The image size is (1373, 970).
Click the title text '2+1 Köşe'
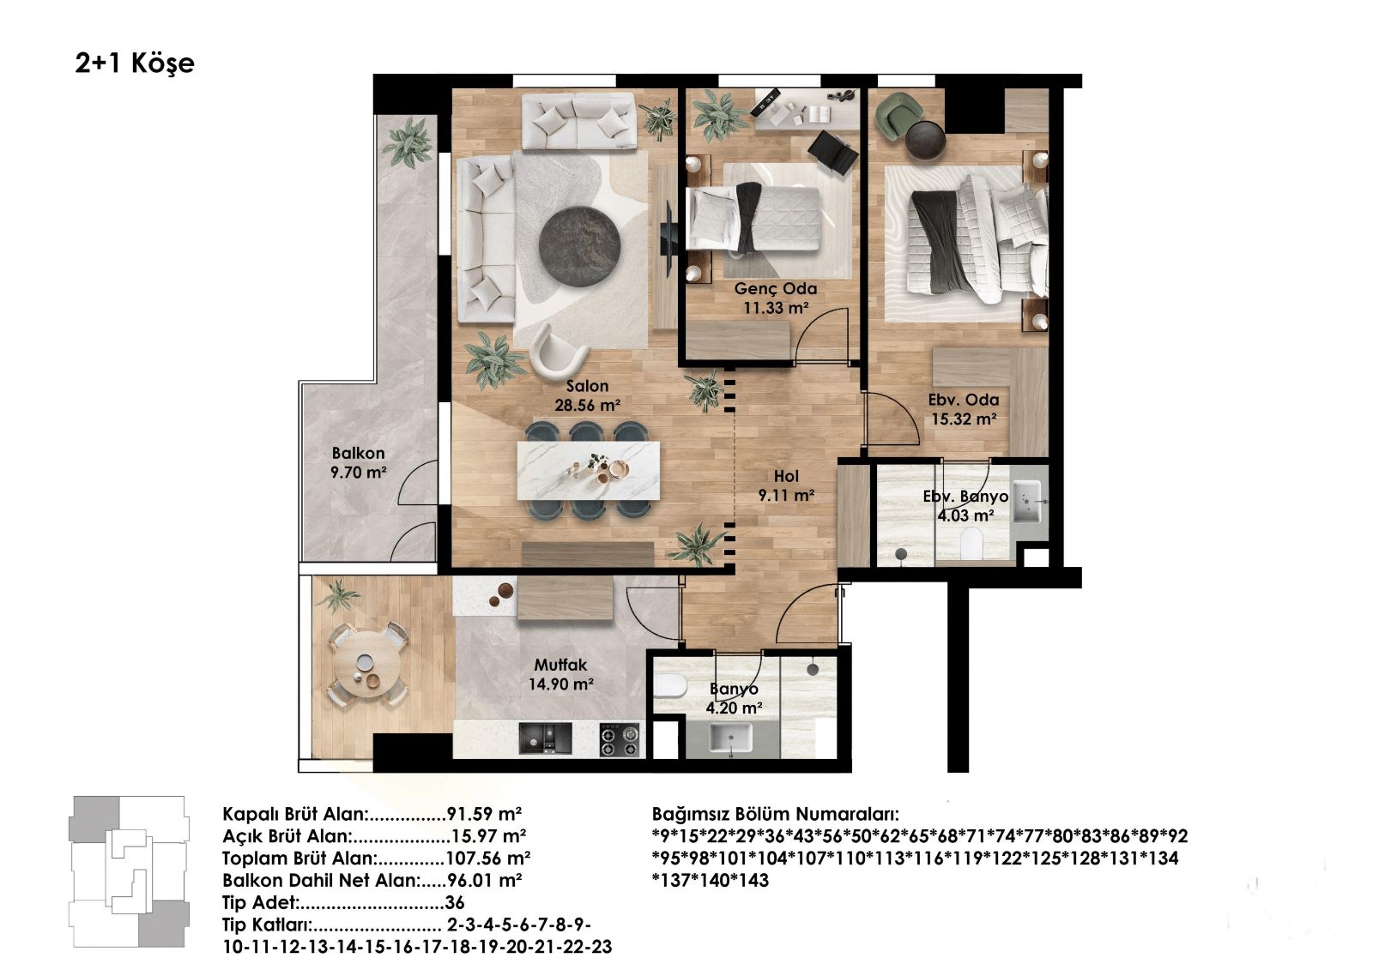tap(135, 63)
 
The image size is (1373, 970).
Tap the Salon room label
tap(587, 386)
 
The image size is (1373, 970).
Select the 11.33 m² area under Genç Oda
tap(776, 308)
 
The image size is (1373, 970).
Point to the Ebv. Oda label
tap(964, 401)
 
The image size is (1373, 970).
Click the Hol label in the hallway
tap(786, 476)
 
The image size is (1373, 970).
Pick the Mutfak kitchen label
tap(560, 665)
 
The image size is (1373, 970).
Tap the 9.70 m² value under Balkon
tap(359, 473)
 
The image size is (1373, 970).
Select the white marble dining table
tap(589, 471)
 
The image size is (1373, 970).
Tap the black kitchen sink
tap(545, 738)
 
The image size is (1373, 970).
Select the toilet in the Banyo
tap(670, 686)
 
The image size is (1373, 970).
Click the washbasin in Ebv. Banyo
tap(1027, 502)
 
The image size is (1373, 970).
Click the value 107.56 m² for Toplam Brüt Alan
tap(488, 858)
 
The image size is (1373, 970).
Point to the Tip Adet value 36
tap(455, 902)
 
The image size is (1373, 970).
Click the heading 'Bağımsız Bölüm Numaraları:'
tap(776, 815)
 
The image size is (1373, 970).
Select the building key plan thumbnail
tap(129, 871)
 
